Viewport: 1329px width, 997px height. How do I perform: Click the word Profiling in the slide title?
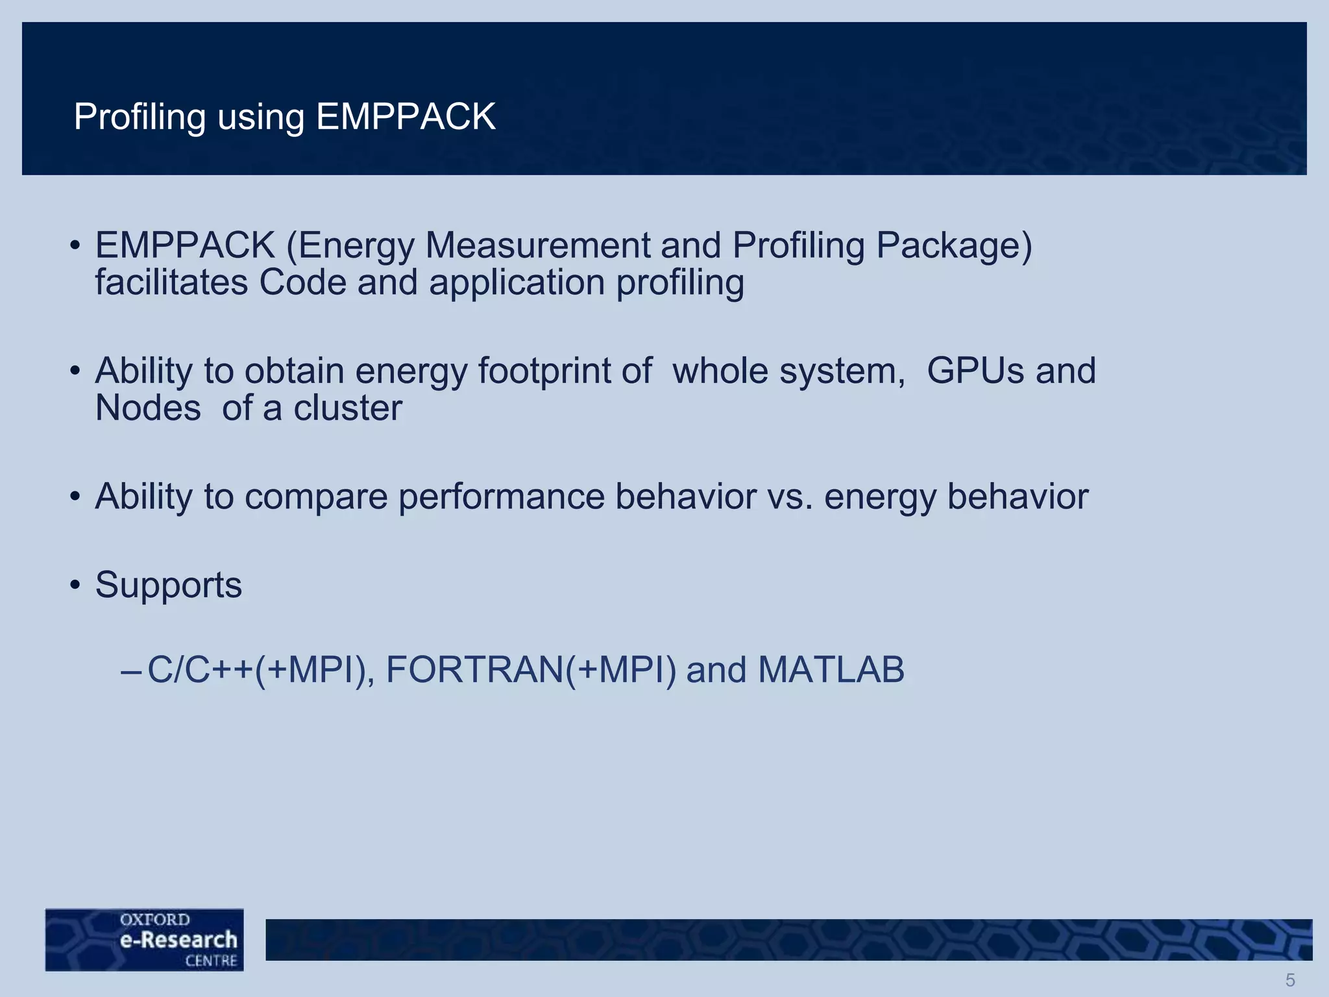tap(140, 117)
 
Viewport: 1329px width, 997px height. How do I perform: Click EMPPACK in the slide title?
tap(406, 117)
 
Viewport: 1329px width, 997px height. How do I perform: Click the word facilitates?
tap(171, 283)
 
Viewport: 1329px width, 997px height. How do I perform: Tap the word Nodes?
tap(148, 408)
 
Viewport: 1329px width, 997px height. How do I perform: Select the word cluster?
tap(348, 408)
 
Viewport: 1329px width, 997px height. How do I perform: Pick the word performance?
tap(501, 497)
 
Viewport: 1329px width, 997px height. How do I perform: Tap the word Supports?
tap(169, 585)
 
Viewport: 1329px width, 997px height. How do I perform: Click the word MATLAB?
tap(831, 670)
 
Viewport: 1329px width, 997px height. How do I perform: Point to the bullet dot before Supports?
tap(75, 585)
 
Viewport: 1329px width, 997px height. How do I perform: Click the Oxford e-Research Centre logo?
tap(145, 939)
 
